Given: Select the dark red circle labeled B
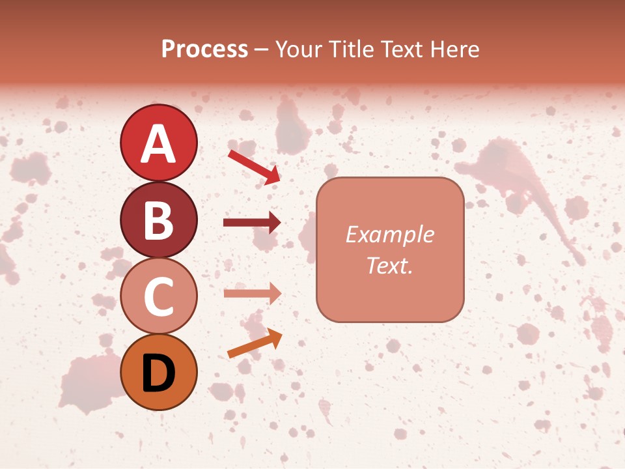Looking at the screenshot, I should (158, 220).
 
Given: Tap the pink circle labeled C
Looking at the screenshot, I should (158, 296).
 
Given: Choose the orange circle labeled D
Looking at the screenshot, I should (158, 373).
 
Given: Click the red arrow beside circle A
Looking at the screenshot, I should (254, 166).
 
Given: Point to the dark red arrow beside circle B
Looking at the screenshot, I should (252, 223).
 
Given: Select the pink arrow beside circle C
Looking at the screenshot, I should (252, 293).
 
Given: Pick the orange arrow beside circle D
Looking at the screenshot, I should (255, 344).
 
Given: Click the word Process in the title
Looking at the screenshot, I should (204, 50).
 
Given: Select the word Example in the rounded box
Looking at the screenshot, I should (389, 234).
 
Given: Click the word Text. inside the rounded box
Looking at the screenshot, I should (389, 266).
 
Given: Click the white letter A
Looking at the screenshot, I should (158, 143).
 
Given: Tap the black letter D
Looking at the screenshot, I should (158, 373).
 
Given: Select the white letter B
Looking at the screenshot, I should (158, 220).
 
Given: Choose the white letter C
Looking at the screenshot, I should (158, 297).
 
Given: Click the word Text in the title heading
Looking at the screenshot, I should (402, 50).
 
